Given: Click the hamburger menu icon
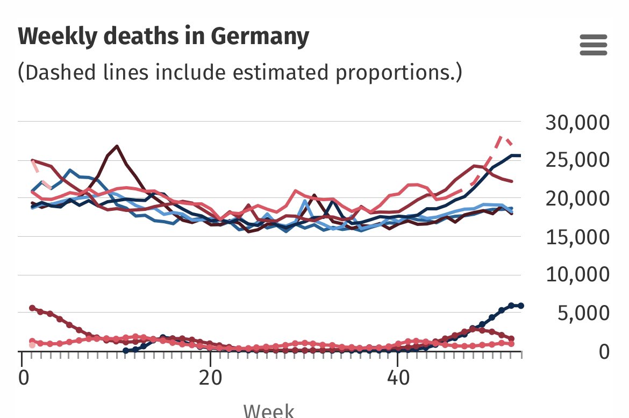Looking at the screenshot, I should point(594,45).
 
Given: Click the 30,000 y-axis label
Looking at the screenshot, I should point(577,122).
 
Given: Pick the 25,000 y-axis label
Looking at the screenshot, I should point(577,160).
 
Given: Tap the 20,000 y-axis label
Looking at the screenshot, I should point(577,199).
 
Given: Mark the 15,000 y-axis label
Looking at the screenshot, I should point(577,237).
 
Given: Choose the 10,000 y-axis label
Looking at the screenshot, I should point(577,275).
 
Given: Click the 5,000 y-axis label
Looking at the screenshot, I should point(584,313).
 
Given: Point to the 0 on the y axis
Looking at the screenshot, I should point(603,351).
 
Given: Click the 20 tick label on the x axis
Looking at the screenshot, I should point(210,376).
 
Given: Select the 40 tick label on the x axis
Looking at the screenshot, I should point(397,376).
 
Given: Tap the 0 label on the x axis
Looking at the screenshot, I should point(24,376).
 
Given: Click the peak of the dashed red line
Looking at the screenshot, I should point(501,137).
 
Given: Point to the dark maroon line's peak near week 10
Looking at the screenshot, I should point(117,146).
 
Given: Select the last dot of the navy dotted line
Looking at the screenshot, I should point(520,306).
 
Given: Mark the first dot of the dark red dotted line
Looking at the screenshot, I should point(32,308).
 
